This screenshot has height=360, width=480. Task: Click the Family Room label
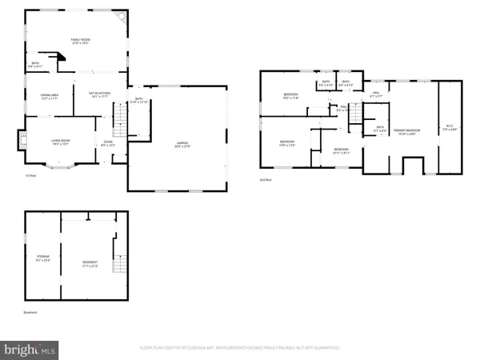coord(79,41)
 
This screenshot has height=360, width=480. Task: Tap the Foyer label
coord(107,144)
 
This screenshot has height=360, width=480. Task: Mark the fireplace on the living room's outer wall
coord(18,142)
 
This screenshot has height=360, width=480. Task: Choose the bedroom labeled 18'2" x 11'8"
coord(290,97)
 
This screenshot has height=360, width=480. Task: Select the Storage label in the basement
coord(42,259)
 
